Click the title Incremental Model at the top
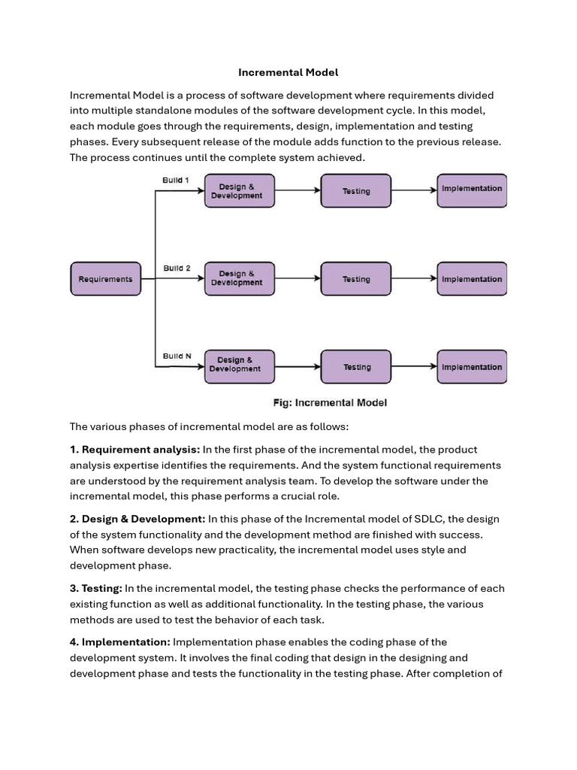click(288, 72)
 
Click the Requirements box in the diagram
click(105, 279)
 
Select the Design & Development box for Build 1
click(240, 191)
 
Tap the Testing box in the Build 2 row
click(356, 279)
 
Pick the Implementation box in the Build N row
click(472, 367)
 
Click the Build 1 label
click(177, 180)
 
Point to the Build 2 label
click(177, 268)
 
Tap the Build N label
click(177, 356)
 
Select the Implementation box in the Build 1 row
click(472, 189)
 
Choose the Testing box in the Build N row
click(356, 367)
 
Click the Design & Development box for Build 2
click(240, 279)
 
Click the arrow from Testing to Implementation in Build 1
click(414, 190)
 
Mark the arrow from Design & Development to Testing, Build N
click(298, 367)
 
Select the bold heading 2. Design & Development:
click(137, 519)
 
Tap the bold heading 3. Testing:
click(96, 588)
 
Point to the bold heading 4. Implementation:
click(120, 642)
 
